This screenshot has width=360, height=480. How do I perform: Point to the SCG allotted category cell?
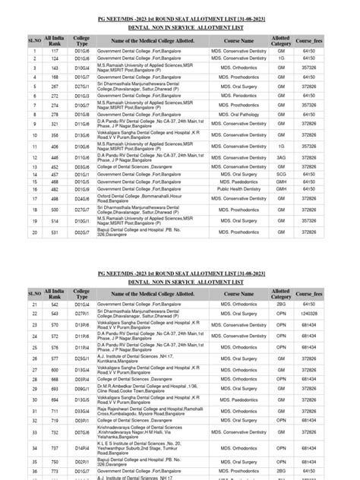pyautogui.click(x=281, y=175)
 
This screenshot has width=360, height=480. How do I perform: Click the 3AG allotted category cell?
pyautogui.click(x=281, y=157)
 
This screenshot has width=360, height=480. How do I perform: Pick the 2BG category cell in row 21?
pyautogui.click(x=281, y=304)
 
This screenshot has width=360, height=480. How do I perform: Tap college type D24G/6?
pyautogui.click(x=82, y=198)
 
